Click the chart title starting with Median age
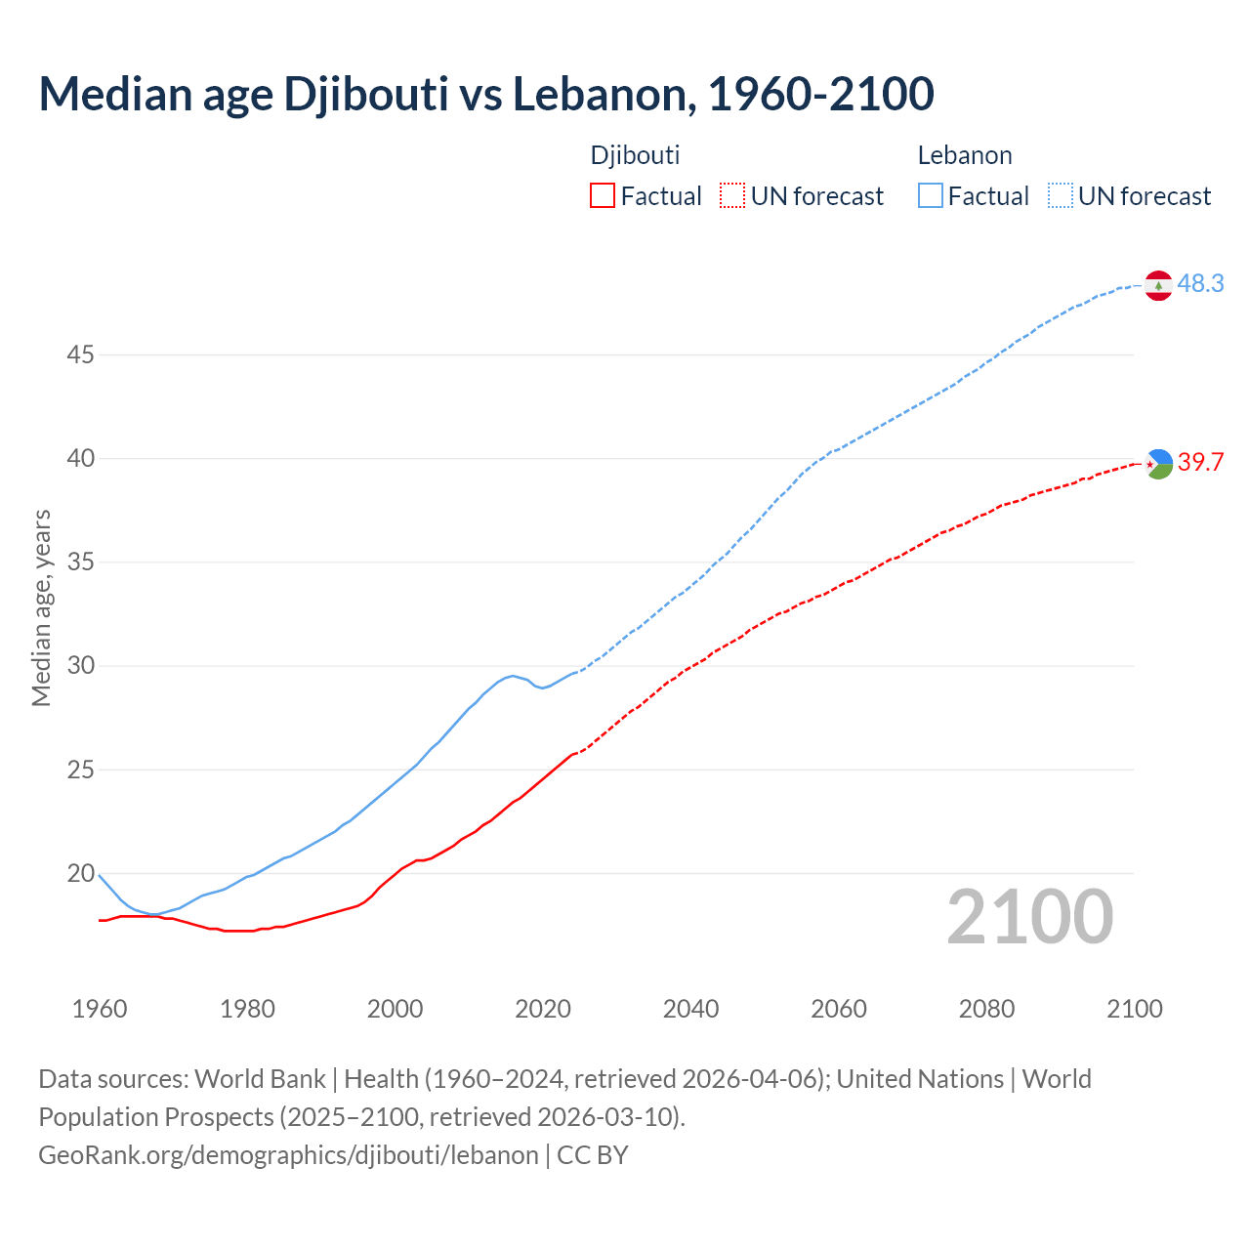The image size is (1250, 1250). pos(486,94)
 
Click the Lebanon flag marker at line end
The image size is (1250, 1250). pos(1158,285)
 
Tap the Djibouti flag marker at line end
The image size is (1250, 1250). pos(1158,464)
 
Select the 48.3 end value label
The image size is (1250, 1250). pos(1200,283)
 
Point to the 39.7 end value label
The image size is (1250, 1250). pos(1200,462)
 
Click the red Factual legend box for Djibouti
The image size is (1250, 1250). pos(603,196)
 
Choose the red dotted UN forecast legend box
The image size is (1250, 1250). pos(732,196)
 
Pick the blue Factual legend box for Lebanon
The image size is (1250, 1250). pos(931,196)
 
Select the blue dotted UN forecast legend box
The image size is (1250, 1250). pos(1061,196)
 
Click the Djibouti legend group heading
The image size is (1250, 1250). pos(635,155)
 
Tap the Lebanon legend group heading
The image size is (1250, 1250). pos(965,155)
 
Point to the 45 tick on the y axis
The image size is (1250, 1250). pos(80,354)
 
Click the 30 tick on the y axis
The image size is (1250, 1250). pos(80,666)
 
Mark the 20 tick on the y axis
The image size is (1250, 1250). pos(80,873)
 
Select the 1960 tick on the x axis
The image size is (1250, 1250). pos(100,1009)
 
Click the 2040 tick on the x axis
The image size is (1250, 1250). pos(690,1009)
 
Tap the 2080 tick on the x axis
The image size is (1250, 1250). pos(986,1009)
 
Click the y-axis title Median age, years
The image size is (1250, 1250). pos(41,607)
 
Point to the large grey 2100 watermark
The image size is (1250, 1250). pos(1030,917)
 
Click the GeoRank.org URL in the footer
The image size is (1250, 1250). pos(288,1155)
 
